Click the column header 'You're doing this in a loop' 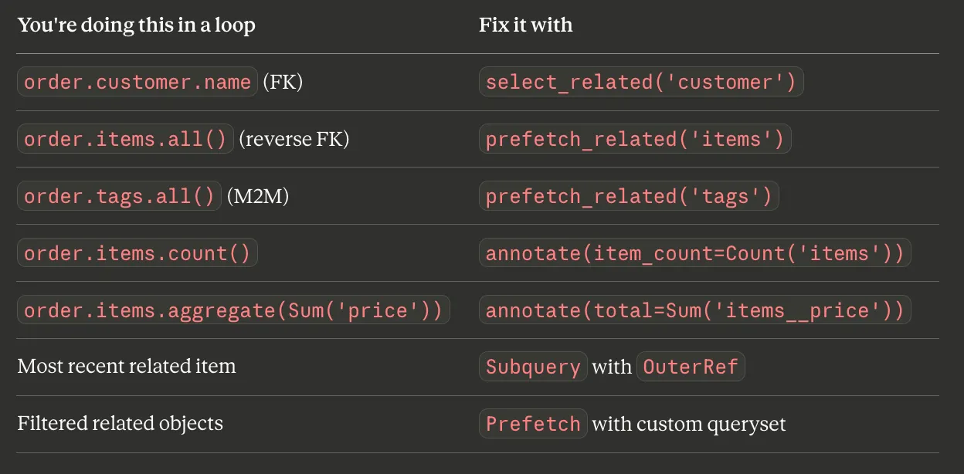click(x=136, y=25)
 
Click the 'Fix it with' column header click(x=525, y=25)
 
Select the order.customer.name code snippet click(x=137, y=82)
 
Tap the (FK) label click(x=283, y=82)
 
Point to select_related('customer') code click(x=641, y=82)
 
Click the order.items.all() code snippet click(x=126, y=139)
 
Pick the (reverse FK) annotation click(x=294, y=139)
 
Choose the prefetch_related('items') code click(x=635, y=139)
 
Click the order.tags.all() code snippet click(x=119, y=196)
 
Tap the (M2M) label click(x=258, y=196)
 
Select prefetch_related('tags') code click(x=629, y=196)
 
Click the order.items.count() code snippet click(x=137, y=253)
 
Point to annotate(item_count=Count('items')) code click(x=694, y=253)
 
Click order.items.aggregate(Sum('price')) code click(x=233, y=310)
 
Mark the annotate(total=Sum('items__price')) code click(x=694, y=310)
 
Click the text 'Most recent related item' click(x=127, y=366)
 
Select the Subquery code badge click(x=533, y=367)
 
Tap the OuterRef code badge click(x=690, y=367)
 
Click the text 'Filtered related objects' click(x=120, y=423)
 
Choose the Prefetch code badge click(x=533, y=424)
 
